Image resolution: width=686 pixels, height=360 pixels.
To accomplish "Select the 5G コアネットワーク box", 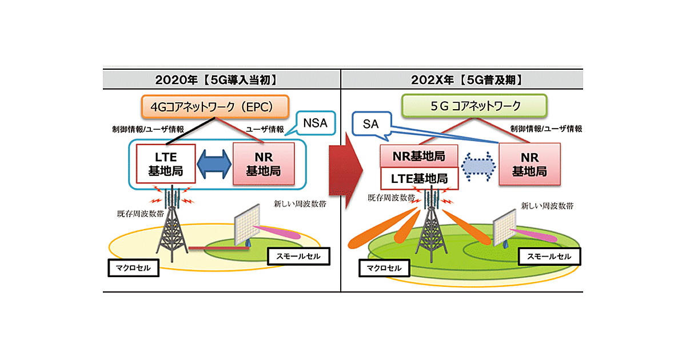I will tap(474, 106).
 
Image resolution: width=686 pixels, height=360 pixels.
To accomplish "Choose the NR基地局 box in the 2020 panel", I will tap(264, 163).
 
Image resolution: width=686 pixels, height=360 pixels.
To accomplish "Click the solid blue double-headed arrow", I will tap(214, 164).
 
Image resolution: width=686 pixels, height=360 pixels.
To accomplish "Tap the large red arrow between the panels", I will tap(346, 166).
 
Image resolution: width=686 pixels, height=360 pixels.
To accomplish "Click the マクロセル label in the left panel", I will tap(133, 267).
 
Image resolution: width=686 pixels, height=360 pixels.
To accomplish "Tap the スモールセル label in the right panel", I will tap(549, 257).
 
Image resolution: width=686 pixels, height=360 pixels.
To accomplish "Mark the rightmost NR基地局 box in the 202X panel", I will tap(529, 163).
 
